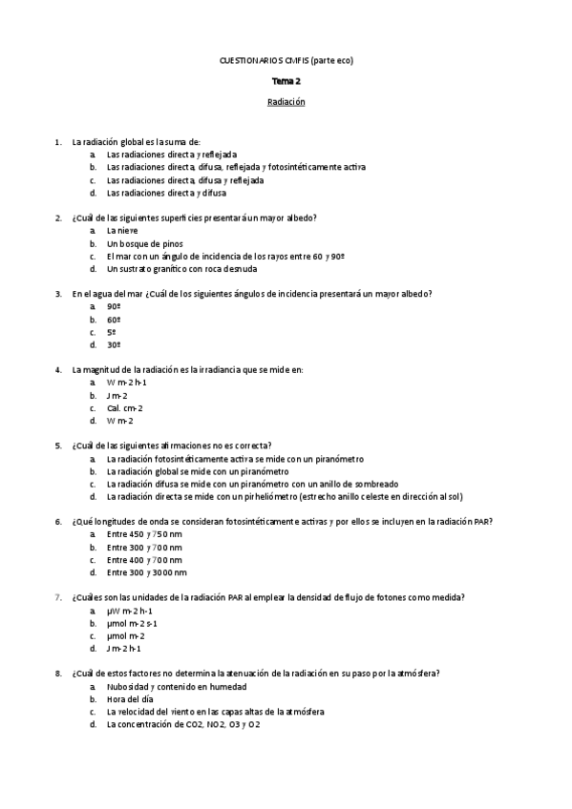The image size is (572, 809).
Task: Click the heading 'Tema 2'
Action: pyautogui.click(x=286, y=82)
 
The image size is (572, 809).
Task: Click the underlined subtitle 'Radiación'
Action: pyautogui.click(x=286, y=102)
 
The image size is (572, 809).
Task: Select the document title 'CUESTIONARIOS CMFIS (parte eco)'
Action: pyautogui.click(x=286, y=62)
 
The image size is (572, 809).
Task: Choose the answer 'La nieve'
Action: pyautogui.click(x=122, y=231)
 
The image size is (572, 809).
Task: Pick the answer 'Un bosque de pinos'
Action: pyautogui.click(x=144, y=243)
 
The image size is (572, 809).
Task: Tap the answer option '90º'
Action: pyautogui.click(x=114, y=306)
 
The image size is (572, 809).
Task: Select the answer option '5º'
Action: pyautogui.click(x=112, y=332)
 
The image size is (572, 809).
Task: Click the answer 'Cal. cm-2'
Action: pyautogui.click(x=125, y=407)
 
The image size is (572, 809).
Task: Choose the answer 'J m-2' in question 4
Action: pyautogui.click(x=118, y=395)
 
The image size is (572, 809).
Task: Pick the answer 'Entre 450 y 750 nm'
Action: pyautogui.click(x=144, y=534)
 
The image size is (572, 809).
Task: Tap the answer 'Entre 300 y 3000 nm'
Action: pyautogui.click(x=147, y=572)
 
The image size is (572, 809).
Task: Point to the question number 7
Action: pyautogui.click(x=59, y=597)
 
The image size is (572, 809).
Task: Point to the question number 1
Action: pyautogui.click(x=59, y=142)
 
